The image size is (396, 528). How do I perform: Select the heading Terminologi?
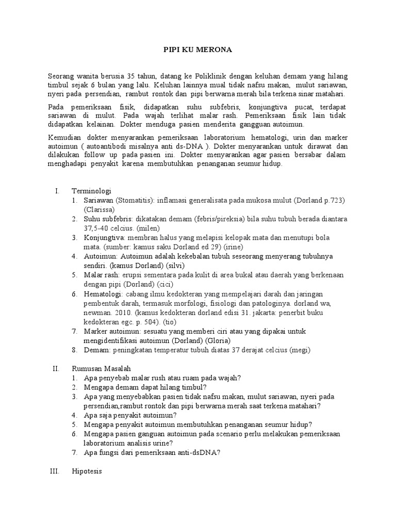pyautogui.click(x=92, y=191)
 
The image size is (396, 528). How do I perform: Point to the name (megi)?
pyautogui.click(x=301, y=350)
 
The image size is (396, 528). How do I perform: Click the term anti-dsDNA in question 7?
pyautogui.click(x=196, y=453)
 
